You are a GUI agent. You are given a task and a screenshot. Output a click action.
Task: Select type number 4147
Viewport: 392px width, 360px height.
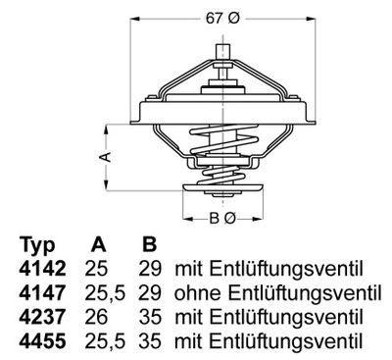40,293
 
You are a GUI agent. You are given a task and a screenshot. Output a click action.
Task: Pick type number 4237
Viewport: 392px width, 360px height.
40,317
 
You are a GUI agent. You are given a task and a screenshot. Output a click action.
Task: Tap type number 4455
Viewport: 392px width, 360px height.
40,340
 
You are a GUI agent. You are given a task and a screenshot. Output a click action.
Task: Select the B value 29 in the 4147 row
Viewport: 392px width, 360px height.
149,293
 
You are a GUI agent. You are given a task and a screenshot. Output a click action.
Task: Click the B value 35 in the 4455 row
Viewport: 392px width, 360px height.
149,340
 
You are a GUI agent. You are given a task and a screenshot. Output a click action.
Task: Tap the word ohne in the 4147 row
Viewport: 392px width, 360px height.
196,293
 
